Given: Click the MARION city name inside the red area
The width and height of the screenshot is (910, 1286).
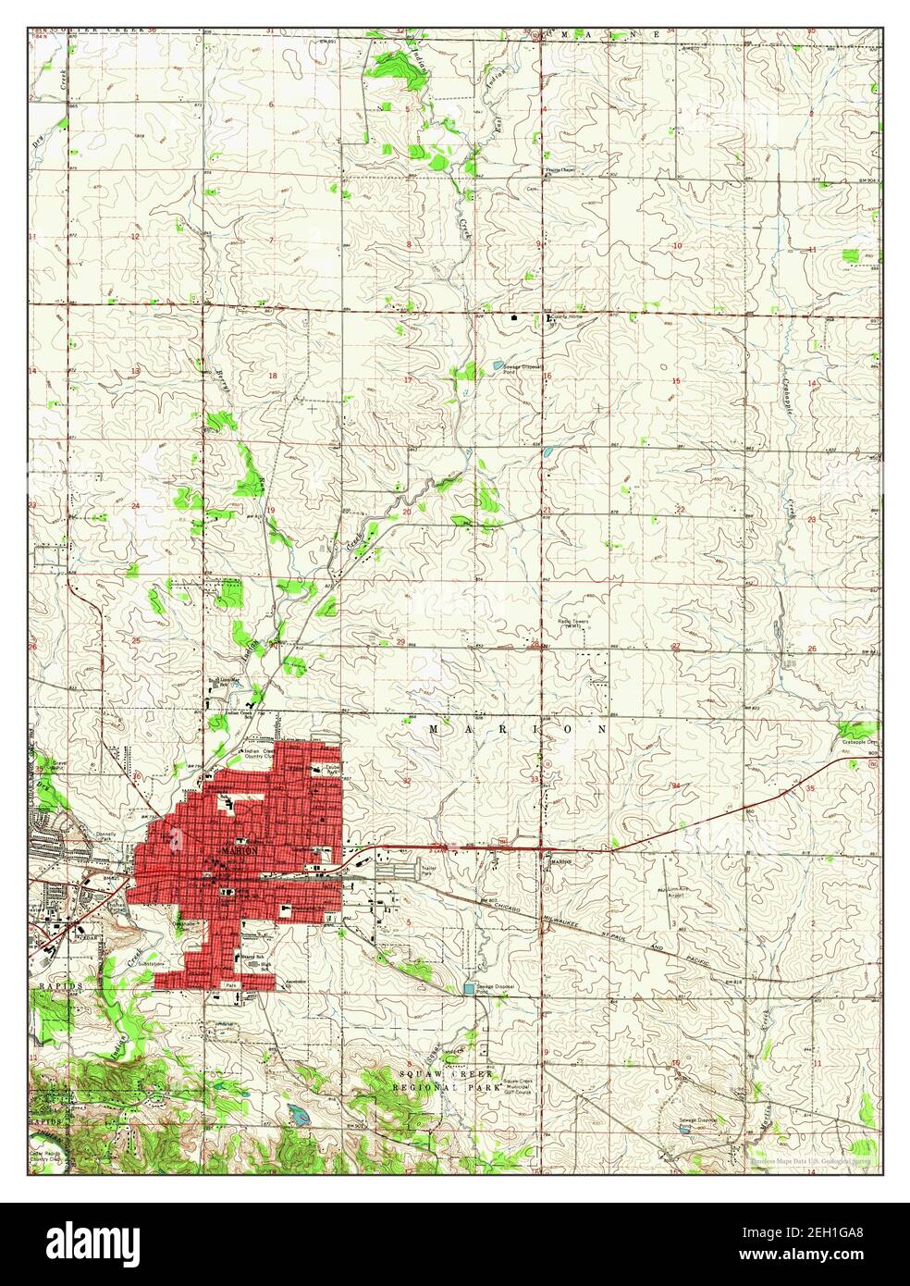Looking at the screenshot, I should point(238,848).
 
